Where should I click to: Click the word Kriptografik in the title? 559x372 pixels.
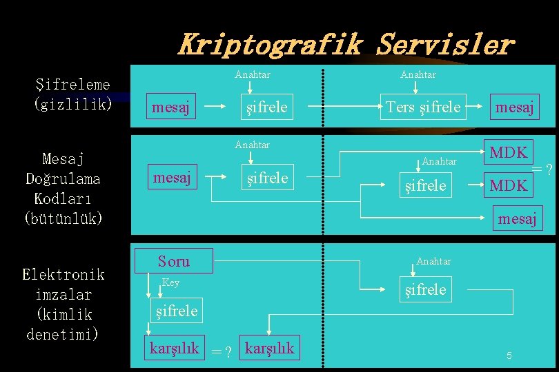click(x=269, y=45)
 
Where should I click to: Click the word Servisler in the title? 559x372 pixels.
click(x=445, y=45)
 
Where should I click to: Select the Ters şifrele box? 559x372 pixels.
click(x=423, y=107)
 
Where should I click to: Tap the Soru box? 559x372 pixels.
click(x=174, y=261)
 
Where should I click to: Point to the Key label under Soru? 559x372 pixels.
click(x=170, y=282)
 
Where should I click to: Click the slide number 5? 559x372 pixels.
click(x=509, y=355)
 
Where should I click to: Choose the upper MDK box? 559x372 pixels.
click(x=509, y=153)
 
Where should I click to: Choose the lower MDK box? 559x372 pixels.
click(x=509, y=185)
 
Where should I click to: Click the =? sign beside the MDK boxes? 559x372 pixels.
click(x=542, y=169)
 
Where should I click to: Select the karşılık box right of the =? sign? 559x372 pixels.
click(x=269, y=349)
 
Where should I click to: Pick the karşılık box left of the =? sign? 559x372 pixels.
click(x=174, y=349)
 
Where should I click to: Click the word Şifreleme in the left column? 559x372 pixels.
click(x=72, y=85)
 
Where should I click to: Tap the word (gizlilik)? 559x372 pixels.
click(x=72, y=105)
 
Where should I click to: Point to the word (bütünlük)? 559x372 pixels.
click(x=63, y=218)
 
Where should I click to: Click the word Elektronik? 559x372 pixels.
click(x=63, y=275)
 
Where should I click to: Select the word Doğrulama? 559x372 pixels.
click(x=63, y=179)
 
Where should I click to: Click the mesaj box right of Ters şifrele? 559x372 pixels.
click(x=515, y=107)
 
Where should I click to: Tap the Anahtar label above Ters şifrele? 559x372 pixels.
click(x=418, y=74)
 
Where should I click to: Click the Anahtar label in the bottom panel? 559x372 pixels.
click(x=433, y=261)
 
